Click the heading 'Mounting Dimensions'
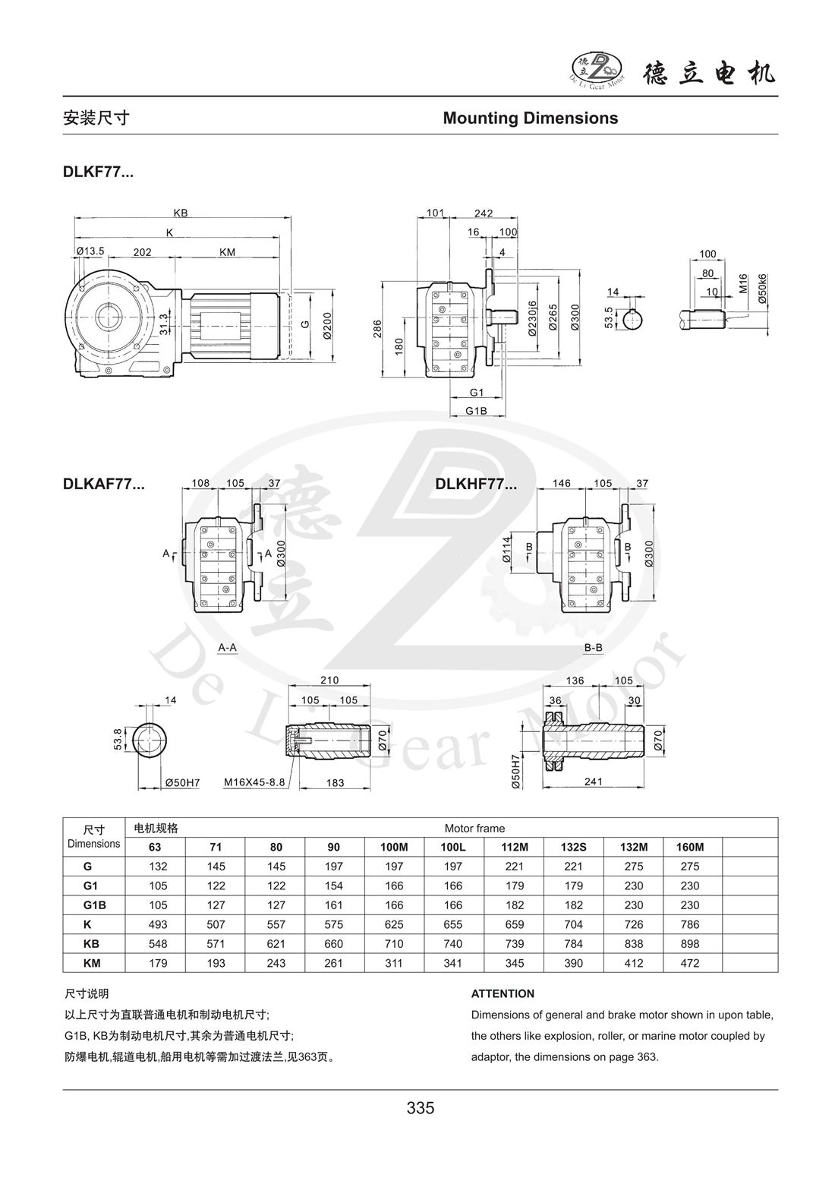pos(530,118)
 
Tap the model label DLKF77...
pos(98,172)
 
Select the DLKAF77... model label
pos(104,484)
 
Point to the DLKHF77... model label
pos(476,484)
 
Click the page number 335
pos(420,1108)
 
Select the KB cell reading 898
pos(693,944)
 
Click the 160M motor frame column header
pos(693,847)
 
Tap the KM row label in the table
pos(93,963)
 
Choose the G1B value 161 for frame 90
pos(334,905)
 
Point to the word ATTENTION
pos(503,993)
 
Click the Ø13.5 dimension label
pos(90,251)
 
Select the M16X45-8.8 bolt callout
pos(254,782)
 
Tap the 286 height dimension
pos(377,328)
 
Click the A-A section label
pos(228,648)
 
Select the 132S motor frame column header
pos(574,847)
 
